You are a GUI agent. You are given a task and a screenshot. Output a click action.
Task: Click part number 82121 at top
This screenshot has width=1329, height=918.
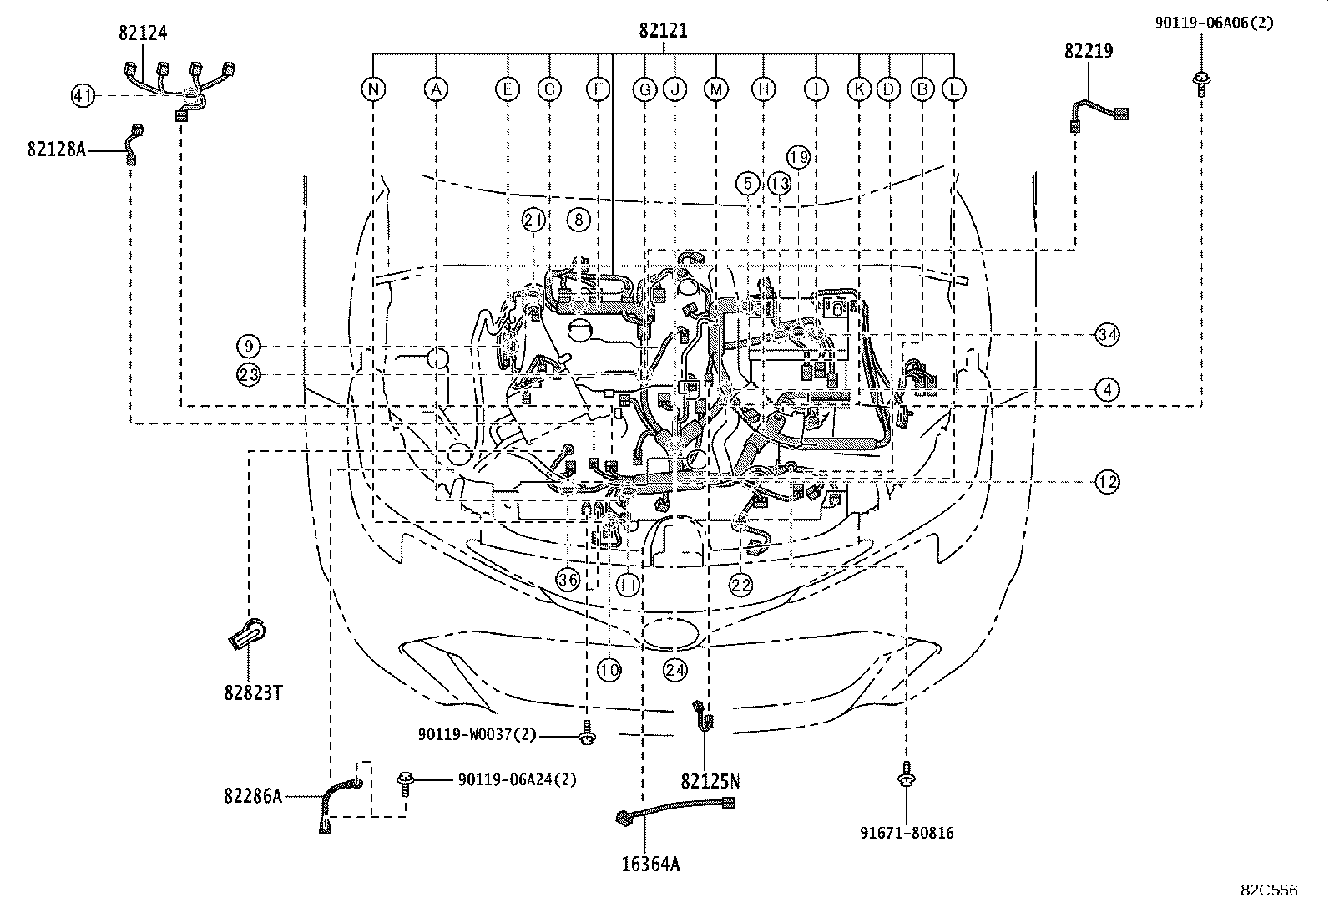click(663, 31)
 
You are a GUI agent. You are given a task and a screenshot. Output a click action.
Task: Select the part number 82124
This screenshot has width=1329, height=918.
click(142, 33)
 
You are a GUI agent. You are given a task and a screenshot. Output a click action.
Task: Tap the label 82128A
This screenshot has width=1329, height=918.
click(56, 150)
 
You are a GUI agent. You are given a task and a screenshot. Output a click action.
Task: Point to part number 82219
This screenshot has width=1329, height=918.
click(1088, 51)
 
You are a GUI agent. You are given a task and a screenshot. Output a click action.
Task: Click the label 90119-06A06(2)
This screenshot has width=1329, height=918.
click(1215, 23)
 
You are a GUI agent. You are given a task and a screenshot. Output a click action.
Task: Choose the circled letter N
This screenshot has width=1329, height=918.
click(373, 89)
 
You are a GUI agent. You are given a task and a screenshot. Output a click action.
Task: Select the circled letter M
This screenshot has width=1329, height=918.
click(715, 89)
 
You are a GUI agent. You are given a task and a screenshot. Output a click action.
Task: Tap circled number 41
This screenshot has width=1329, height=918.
click(82, 97)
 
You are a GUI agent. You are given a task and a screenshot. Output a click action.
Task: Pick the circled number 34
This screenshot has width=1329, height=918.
click(1107, 335)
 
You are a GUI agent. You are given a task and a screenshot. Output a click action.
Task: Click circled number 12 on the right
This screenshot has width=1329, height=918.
click(1107, 482)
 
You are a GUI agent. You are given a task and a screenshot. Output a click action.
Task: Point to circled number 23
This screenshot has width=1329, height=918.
click(249, 375)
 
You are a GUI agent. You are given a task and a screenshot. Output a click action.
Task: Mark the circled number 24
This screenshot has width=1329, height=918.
click(675, 669)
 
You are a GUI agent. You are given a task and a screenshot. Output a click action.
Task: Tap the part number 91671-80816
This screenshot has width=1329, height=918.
click(907, 833)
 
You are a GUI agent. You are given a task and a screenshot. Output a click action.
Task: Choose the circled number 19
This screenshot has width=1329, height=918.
click(798, 157)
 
